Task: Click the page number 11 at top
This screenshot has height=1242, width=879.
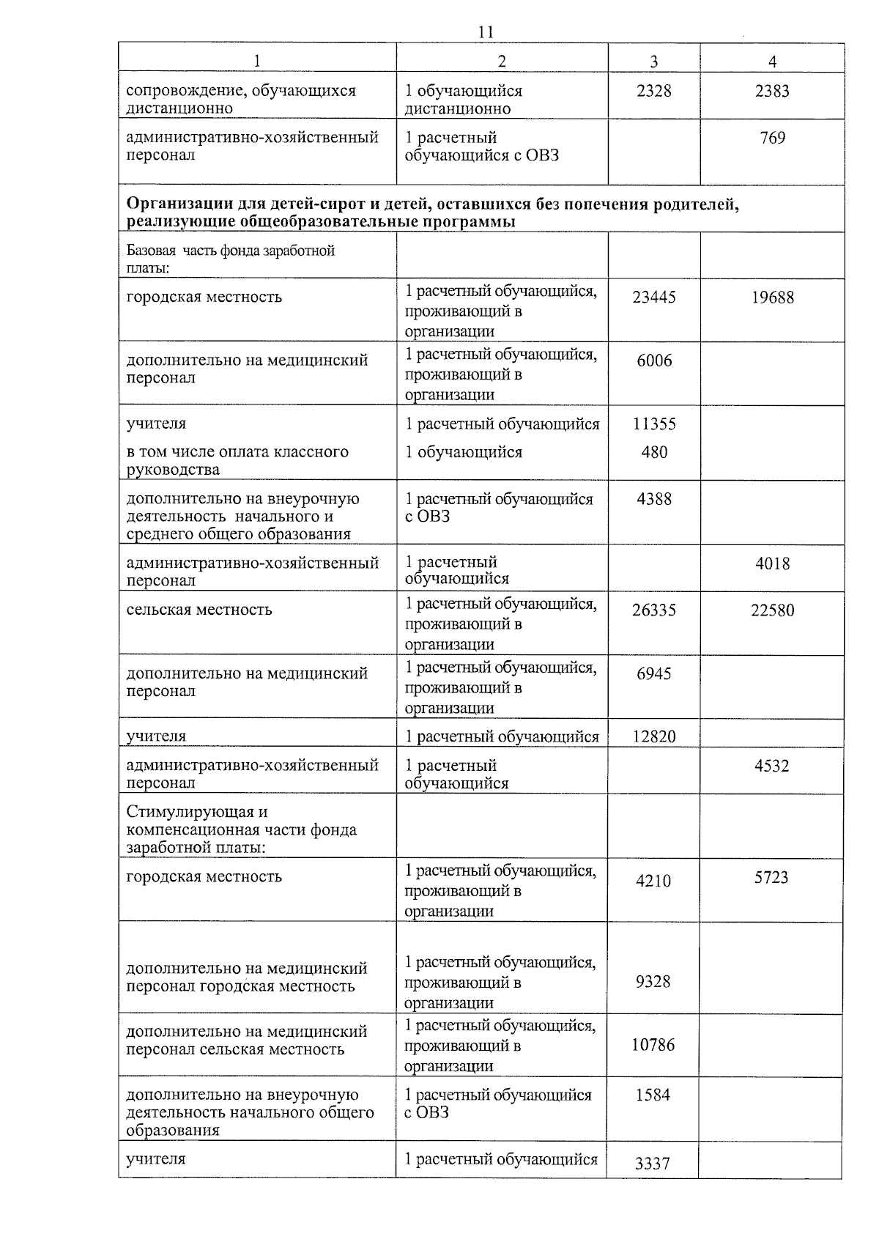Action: pyautogui.click(x=485, y=32)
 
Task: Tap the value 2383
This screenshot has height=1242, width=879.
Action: pyautogui.click(x=772, y=91)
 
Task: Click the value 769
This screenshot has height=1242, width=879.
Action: pyautogui.click(x=772, y=138)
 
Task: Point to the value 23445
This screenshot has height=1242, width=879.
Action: pyautogui.click(x=653, y=297)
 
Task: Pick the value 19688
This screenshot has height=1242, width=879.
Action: pyautogui.click(x=772, y=297)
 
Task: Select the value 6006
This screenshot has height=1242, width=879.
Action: pyautogui.click(x=653, y=361)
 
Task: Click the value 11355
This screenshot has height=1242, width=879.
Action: pyautogui.click(x=653, y=424)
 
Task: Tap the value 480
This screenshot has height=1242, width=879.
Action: pyautogui.click(x=653, y=452)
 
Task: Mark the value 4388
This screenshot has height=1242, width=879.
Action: pyautogui.click(x=653, y=500)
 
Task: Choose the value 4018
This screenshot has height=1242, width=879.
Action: pyautogui.click(x=772, y=563)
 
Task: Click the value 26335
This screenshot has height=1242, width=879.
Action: pyautogui.click(x=653, y=610)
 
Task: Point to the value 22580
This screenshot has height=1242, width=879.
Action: pyautogui.click(x=772, y=610)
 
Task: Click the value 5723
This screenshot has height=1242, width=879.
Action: pyautogui.click(x=771, y=878)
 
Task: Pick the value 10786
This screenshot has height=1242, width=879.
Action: pyautogui.click(x=653, y=1045)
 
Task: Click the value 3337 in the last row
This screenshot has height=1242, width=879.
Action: pyautogui.click(x=652, y=1163)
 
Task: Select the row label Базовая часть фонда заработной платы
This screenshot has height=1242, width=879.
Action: pyautogui.click(x=230, y=259)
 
